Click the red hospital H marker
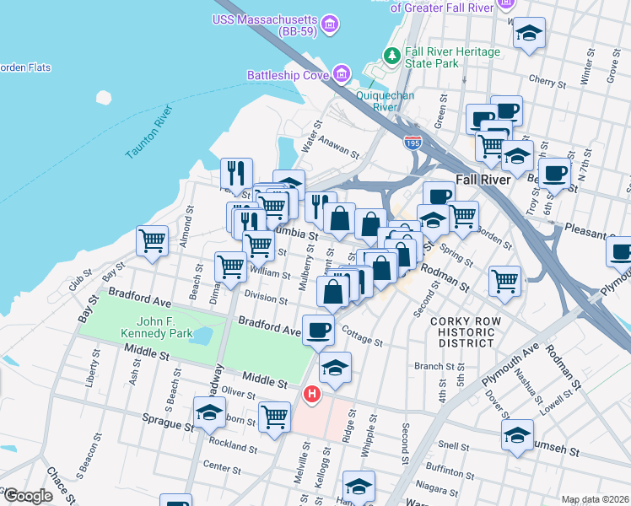[312, 394]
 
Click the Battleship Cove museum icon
[342, 75]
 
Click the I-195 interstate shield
[413, 143]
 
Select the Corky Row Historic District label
[461, 332]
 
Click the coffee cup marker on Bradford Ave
[318, 329]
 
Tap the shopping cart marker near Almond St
[153, 240]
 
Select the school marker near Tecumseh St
[517, 434]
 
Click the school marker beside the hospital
[335, 367]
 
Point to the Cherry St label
[547, 83]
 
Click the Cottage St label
[363, 340]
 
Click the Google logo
[27, 496]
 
